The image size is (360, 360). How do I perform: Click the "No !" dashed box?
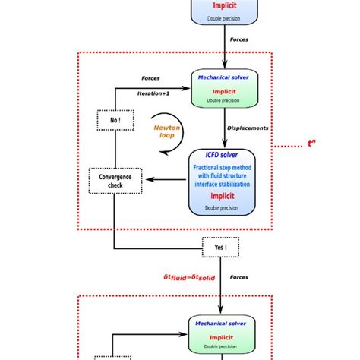[x=113, y=120]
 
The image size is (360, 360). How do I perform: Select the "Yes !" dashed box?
[x=220, y=247]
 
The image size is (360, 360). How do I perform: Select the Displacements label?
[x=248, y=128]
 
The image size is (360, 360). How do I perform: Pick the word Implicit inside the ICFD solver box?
[x=226, y=193]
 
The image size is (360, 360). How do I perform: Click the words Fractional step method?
[x=226, y=166]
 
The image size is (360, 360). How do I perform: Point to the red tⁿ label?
[x=312, y=144]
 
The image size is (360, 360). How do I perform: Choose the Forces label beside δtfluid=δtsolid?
[x=239, y=277]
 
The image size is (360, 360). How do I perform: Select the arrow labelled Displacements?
[x=226, y=130]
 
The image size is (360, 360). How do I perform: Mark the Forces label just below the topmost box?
[x=239, y=39]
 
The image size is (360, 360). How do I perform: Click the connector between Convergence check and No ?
[x=114, y=149]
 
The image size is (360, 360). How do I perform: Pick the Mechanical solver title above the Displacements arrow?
[x=225, y=77]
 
